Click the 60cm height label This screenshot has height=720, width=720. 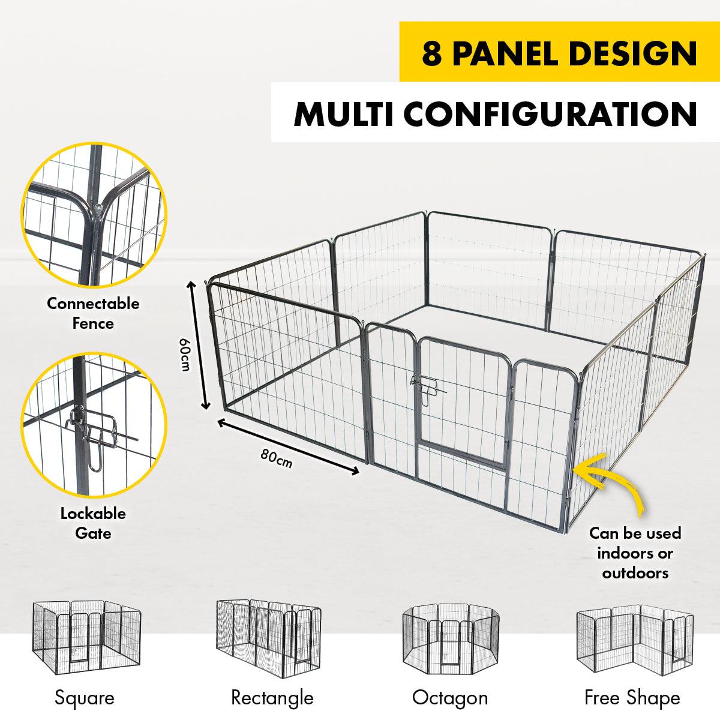click(x=184, y=355)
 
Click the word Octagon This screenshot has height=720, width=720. click(x=450, y=698)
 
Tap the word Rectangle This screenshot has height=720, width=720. click(x=272, y=698)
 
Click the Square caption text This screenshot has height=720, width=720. click(x=84, y=698)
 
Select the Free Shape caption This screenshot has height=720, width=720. click(x=632, y=698)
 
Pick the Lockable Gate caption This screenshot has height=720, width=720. click(x=93, y=523)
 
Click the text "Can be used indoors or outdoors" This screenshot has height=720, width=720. click(x=635, y=553)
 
